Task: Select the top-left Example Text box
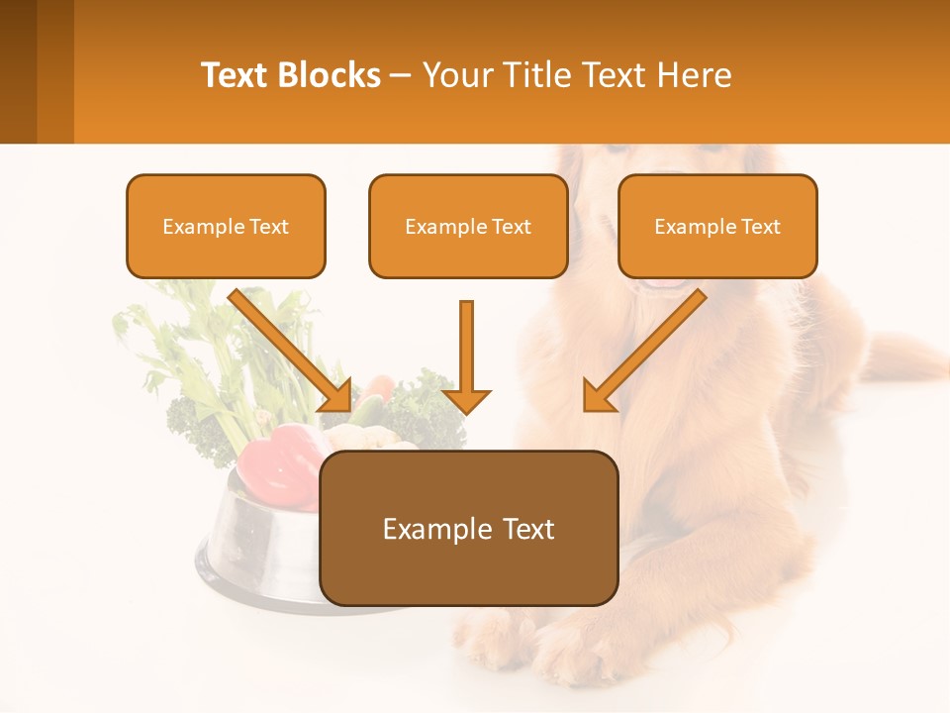click(226, 226)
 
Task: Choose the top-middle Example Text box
click(468, 226)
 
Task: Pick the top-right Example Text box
click(717, 226)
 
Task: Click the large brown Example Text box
click(468, 528)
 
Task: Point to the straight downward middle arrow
click(466, 356)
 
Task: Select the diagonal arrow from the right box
click(643, 352)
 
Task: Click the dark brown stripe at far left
click(18, 71)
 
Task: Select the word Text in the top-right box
click(761, 226)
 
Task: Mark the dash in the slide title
click(401, 75)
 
